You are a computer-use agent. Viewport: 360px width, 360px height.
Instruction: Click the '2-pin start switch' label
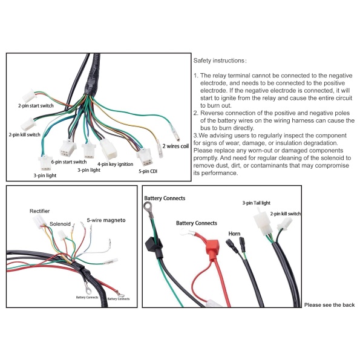tap(36, 106)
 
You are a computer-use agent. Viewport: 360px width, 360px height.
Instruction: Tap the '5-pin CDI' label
tap(148, 171)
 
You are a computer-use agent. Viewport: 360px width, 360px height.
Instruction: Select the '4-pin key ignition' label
tap(115, 164)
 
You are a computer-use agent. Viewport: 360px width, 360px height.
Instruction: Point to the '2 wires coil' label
tap(175, 146)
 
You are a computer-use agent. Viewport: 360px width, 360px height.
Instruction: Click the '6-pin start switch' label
tap(69, 162)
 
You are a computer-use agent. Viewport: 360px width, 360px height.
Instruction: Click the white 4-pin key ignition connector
tap(108, 149)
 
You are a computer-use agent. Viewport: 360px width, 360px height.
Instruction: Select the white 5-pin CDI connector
tap(145, 157)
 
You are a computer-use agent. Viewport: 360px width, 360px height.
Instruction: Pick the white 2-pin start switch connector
tap(29, 96)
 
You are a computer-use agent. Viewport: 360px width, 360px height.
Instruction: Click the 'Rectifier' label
tap(39, 211)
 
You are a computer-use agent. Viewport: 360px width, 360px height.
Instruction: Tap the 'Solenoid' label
tap(60, 224)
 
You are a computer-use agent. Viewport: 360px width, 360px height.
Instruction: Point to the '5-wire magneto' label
tap(106, 220)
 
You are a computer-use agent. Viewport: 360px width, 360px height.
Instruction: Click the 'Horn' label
tap(234, 234)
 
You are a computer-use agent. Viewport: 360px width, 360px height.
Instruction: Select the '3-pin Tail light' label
tap(256, 203)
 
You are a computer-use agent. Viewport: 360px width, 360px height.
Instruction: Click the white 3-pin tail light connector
tap(263, 221)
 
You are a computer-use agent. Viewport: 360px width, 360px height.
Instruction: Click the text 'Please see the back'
tap(330, 305)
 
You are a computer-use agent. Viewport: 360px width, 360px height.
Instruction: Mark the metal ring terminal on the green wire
tap(148, 207)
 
